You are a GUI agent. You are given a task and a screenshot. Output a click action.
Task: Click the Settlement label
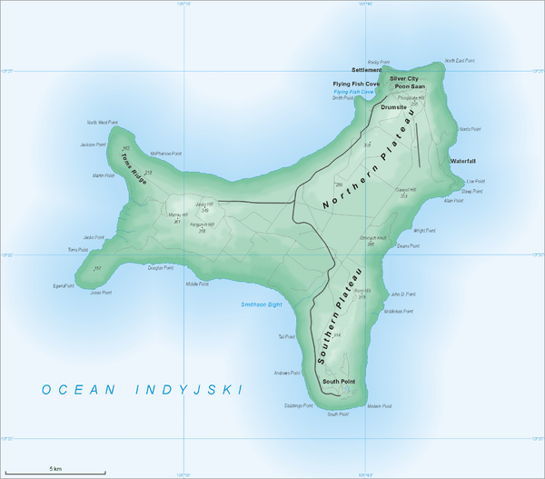pyautogui.click(x=367, y=70)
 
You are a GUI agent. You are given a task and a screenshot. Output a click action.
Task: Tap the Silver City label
pyautogui.click(x=404, y=79)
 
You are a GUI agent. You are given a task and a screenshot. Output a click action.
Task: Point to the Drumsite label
pyautogui.click(x=394, y=106)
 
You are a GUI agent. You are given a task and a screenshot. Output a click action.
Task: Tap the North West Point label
pyautogui.click(x=103, y=122)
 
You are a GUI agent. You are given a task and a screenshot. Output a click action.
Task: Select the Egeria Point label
pyautogui.click(x=66, y=285)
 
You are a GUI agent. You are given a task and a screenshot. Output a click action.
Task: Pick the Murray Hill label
pyautogui.click(x=178, y=216)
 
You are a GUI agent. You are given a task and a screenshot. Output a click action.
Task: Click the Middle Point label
pyautogui.click(x=198, y=284)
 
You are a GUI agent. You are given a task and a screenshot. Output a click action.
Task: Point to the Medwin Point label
pyautogui.click(x=380, y=406)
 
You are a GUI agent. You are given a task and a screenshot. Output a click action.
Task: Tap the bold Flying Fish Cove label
pyautogui.click(x=357, y=84)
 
